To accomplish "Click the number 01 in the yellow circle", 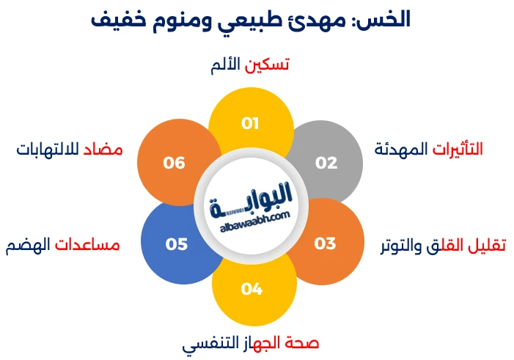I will [x=251, y=123].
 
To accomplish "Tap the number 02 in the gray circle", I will [x=326, y=163].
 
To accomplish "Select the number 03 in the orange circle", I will [x=325, y=243].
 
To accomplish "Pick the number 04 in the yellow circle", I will [x=251, y=289].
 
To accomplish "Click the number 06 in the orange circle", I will [x=175, y=163].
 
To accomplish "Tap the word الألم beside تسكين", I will [x=226, y=65].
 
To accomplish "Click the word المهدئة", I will [x=400, y=150].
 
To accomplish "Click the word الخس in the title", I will [x=386, y=20].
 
